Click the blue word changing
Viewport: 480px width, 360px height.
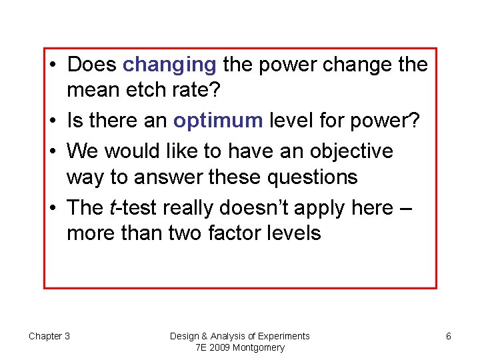[x=170, y=65]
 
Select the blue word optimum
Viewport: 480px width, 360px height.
[x=217, y=121]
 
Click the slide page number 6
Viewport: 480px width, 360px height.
[x=449, y=336]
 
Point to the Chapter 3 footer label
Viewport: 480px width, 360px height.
[x=49, y=336]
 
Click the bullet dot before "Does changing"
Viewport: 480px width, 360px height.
[x=54, y=65]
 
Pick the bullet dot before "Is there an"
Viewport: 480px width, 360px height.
[x=54, y=121]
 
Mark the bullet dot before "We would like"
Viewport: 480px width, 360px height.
[x=54, y=151]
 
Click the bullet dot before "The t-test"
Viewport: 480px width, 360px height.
[x=54, y=208]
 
